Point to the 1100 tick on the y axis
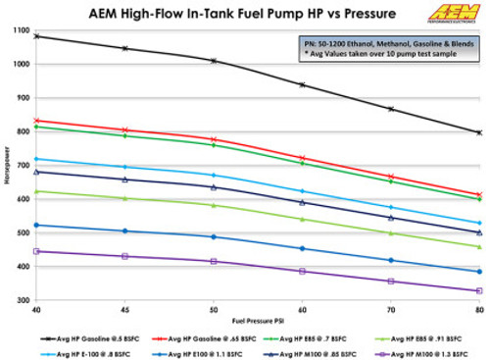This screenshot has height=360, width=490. coord(22,30)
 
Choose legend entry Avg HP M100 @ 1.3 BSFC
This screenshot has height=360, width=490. coord(429,352)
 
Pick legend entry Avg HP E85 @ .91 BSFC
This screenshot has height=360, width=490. coord(429,336)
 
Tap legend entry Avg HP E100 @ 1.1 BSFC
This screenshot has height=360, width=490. coord(206,352)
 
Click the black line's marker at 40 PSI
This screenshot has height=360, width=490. coord(36,36)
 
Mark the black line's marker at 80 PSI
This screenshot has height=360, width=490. coord(479,131)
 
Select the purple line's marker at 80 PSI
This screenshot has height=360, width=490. coord(479,290)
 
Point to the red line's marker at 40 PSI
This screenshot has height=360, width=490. coord(36,121)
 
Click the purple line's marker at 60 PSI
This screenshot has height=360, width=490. coord(302,271)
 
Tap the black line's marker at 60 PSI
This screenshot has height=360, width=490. coord(302,85)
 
